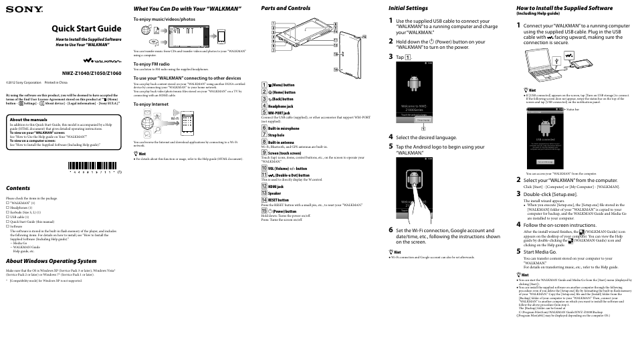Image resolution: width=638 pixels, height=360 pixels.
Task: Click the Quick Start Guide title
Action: click(x=86, y=29)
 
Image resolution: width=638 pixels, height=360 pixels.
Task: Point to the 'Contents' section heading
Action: click(x=19, y=189)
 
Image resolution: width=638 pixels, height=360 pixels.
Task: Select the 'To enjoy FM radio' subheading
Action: click(x=151, y=64)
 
